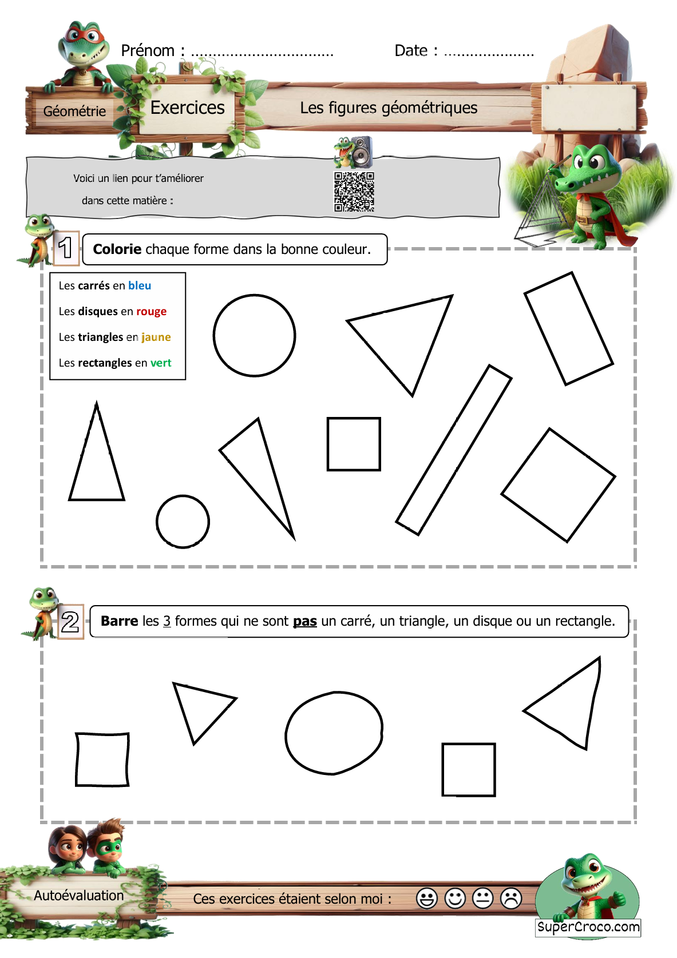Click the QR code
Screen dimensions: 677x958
354,192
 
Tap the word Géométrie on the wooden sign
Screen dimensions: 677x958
74,111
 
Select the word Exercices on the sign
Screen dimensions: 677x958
188,108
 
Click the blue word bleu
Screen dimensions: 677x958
140,285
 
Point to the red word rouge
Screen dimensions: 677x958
151,312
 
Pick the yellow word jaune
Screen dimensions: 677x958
156,337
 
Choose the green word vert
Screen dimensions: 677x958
160,363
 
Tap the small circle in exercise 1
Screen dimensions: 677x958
157,522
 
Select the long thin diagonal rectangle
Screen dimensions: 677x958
454,450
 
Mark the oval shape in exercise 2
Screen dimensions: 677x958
286,733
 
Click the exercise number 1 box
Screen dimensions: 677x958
66,248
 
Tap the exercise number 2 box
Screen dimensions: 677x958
70,622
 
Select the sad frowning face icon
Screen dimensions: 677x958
510,898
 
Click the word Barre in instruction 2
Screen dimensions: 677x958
120,621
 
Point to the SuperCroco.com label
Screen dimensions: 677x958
588,927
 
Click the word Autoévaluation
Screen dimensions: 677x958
79,896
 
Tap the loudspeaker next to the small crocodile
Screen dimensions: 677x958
362,152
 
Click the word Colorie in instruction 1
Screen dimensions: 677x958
117,249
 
